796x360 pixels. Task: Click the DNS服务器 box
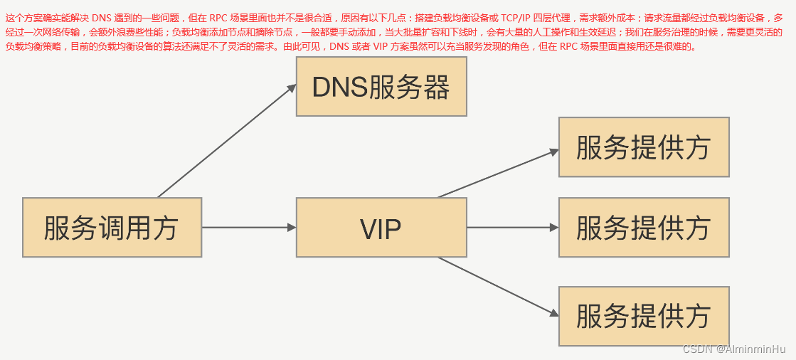coord(381,87)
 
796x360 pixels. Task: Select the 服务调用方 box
coord(112,228)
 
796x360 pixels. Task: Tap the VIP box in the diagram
coord(381,228)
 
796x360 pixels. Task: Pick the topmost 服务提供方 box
coord(644,147)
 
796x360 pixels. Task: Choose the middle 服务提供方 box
coord(644,228)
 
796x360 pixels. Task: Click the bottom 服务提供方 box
coord(644,316)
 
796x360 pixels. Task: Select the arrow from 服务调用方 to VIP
coord(249,228)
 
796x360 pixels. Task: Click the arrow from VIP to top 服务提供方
coord(498,173)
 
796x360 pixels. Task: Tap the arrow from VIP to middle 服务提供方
coord(513,228)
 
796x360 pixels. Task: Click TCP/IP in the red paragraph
coord(516,18)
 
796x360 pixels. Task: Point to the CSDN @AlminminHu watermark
coord(733,349)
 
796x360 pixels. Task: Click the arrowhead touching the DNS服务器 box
coord(292,88)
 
